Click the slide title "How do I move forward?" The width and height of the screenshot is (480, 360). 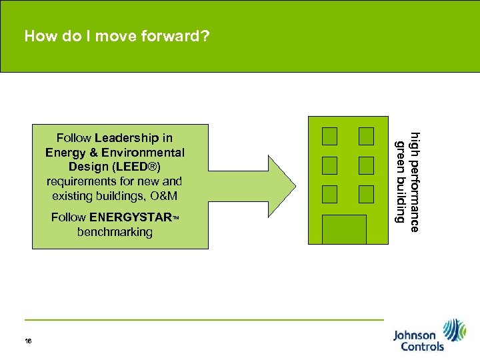click(117, 36)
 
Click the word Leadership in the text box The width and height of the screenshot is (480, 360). click(133, 138)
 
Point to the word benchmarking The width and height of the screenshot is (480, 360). click(115, 232)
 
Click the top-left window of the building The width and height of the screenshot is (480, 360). click(329, 136)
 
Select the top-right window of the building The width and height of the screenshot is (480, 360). click(366, 136)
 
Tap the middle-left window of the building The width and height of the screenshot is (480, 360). click(329, 165)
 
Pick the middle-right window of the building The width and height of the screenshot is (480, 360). click(366, 165)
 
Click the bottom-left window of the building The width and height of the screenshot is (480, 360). click(329, 194)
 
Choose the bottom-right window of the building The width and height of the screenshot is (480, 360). click(366, 194)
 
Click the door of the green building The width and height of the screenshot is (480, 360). click(344, 229)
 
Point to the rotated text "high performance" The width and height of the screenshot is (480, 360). click(415, 181)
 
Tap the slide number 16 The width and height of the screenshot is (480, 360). click(28, 341)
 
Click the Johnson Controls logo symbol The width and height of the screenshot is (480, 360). click(455, 330)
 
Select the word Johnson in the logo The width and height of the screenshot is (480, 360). click(414, 335)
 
